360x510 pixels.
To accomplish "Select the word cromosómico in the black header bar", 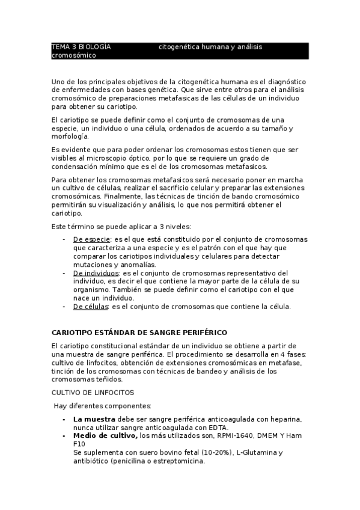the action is (x=74, y=55).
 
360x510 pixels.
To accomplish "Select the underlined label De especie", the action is (x=92, y=239).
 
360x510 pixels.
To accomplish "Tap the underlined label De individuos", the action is (x=96, y=272).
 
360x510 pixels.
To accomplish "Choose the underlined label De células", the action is (x=91, y=306).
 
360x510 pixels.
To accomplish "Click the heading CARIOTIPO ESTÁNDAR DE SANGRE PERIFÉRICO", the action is (x=139, y=332).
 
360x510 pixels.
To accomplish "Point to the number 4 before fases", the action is (x=278, y=354).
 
